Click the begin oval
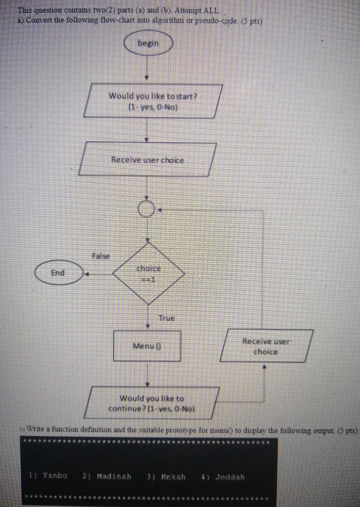click(x=148, y=44)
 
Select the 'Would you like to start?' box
click(x=153, y=101)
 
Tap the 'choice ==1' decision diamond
click(x=149, y=273)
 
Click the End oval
click(x=58, y=273)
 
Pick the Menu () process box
click(x=147, y=346)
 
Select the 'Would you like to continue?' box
click(x=152, y=403)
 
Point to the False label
click(x=100, y=256)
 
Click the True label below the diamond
click(x=166, y=318)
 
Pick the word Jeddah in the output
click(x=230, y=477)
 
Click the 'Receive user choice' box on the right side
click(x=266, y=346)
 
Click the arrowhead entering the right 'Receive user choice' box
click(x=265, y=366)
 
